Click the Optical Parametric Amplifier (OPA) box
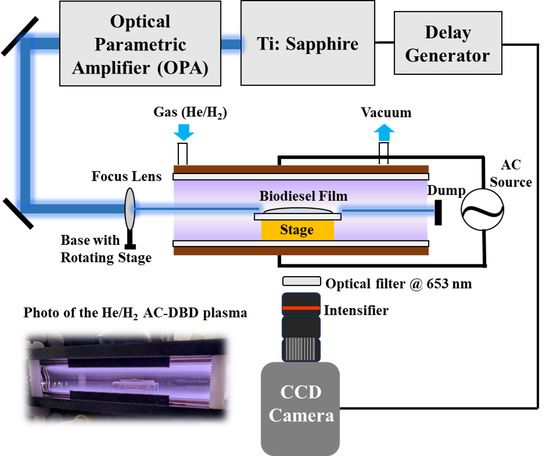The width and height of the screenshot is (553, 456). click(140, 43)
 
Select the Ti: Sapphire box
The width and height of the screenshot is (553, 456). click(308, 43)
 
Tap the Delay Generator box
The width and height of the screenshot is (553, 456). click(448, 43)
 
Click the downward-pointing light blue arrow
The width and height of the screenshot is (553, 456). click(184, 132)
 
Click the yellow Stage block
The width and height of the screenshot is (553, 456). click(297, 230)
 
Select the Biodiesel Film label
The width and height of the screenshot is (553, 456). click(303, 196)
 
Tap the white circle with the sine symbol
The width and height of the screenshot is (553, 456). click(482, 209)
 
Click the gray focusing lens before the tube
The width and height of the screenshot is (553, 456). click(130, 209)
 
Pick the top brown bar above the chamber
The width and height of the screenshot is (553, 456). click(301, 169)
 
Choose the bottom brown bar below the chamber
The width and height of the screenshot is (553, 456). click(301, 251)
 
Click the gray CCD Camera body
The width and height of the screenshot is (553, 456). click(300, 406)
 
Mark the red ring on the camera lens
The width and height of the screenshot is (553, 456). click(301, 308)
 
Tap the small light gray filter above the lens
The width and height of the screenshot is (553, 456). click(301, 281)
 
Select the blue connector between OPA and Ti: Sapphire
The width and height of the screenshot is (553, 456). click(231, 44)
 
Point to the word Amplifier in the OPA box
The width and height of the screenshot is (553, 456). click(111, 68)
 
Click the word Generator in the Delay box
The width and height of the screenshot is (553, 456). click(447, 56)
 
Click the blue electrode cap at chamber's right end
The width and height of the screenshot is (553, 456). click(431, 211)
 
